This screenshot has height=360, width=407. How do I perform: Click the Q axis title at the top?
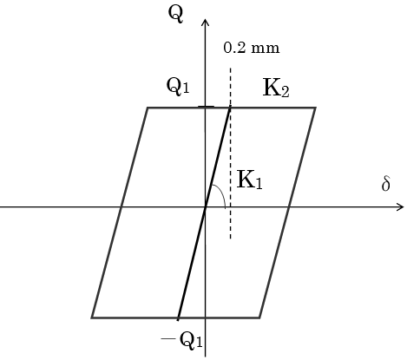point(175,15)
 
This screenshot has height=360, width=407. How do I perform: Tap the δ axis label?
point(386,184)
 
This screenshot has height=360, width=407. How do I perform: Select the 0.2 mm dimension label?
point(252,48)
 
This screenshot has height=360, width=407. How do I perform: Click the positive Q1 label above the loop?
point(178,86)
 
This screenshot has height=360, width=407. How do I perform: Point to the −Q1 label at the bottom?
point(181,340)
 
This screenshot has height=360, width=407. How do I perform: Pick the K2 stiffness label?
point(276,88)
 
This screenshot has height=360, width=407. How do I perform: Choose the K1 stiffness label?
point(250,180)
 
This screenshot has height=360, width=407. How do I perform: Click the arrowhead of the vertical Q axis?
point(205,23)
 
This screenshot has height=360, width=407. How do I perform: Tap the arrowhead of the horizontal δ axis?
point(399,207)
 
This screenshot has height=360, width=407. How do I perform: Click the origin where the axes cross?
point(206,207)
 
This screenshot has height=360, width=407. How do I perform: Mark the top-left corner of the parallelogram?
point(148,108)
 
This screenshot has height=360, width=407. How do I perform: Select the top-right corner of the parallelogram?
point(315,108)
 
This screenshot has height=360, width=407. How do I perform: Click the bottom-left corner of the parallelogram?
point(92,317)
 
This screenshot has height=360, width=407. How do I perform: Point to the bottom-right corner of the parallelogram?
point(259,317)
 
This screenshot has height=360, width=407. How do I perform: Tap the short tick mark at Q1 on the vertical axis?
point(206,107)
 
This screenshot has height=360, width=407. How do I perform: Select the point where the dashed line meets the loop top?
point(230,108)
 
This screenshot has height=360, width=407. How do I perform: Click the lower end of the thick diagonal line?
point(178,320)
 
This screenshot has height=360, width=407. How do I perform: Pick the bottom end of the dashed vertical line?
point(231,239)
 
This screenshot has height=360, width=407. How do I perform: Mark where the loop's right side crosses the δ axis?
point(289,207)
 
